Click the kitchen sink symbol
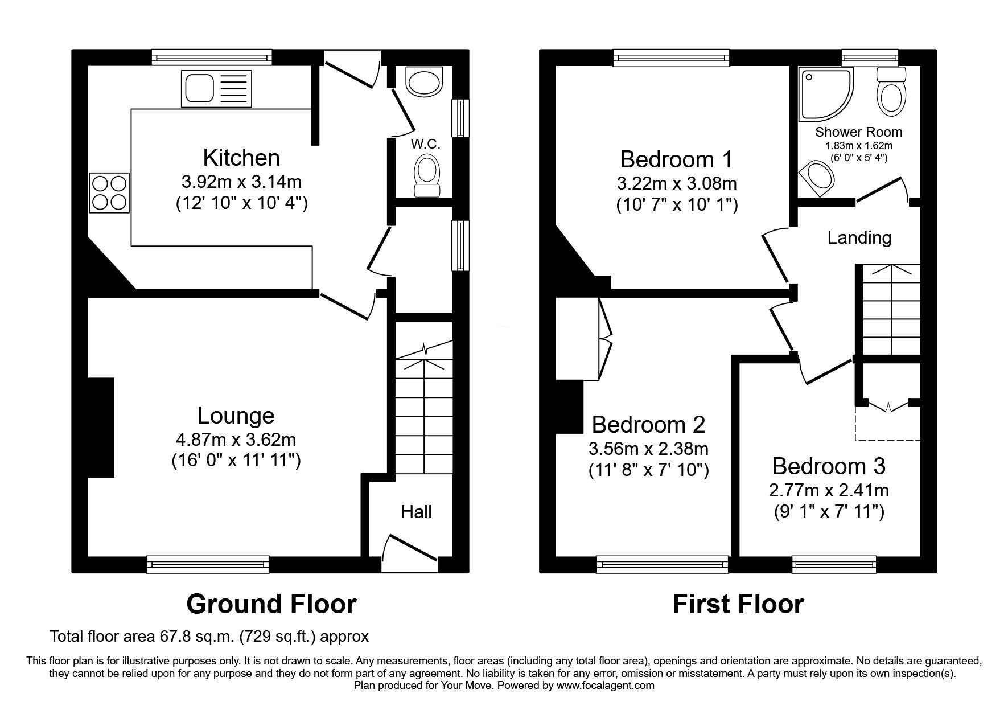216,88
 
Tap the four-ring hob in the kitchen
109,193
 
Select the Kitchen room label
241,157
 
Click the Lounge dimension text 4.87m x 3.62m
236,440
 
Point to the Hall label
416,512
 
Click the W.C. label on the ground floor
426,144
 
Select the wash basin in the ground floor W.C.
424,81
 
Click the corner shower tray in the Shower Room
825,94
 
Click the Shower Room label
858,132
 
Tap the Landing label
859,237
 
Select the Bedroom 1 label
676,159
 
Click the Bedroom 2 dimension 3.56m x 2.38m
648,449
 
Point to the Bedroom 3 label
828,466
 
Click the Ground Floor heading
271,604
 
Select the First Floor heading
738,604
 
